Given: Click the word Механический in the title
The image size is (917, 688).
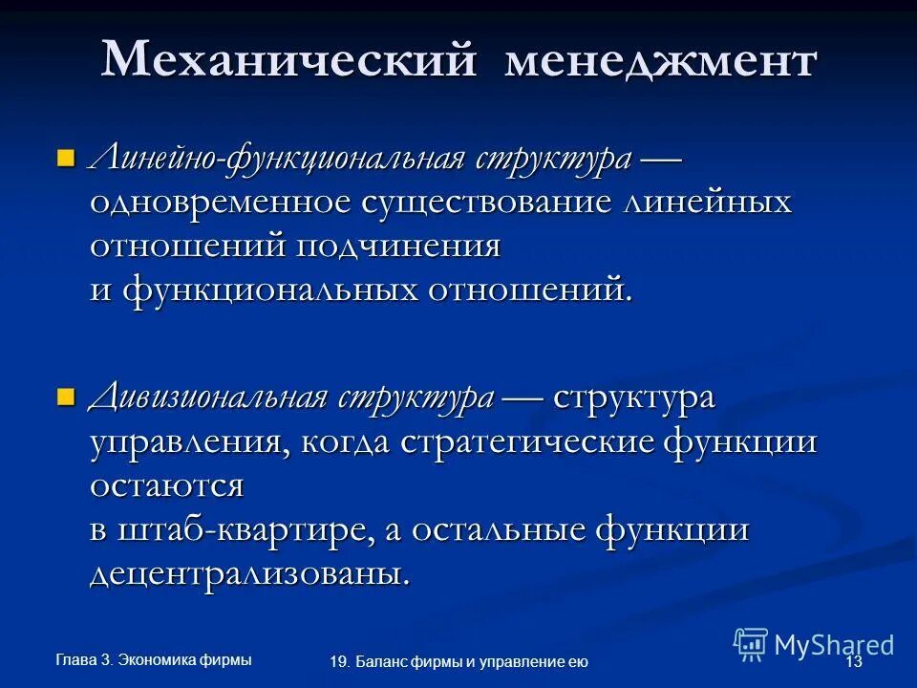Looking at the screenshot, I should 288,60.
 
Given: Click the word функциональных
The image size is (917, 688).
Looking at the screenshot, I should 304,290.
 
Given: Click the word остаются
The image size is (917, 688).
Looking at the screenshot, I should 167,485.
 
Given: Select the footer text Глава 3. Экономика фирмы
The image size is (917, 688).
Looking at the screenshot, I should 154,659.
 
